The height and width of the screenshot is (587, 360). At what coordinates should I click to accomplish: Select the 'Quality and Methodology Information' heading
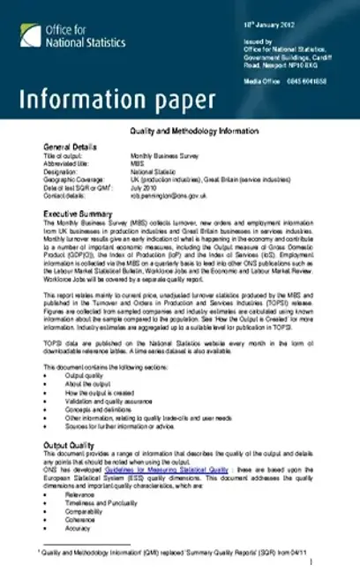coord(180,131)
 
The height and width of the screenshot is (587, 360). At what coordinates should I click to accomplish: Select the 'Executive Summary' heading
coord(84,203)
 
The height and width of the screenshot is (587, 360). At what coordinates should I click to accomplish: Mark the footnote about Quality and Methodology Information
coord(176,552)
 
